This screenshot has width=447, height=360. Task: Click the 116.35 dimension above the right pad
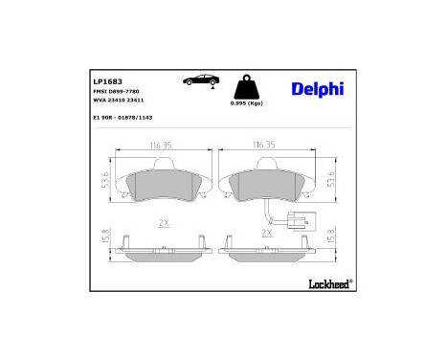pyautogui.click(x=264, y=145)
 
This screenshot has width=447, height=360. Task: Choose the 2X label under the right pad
pyautogui.click(x=267, y=232)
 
